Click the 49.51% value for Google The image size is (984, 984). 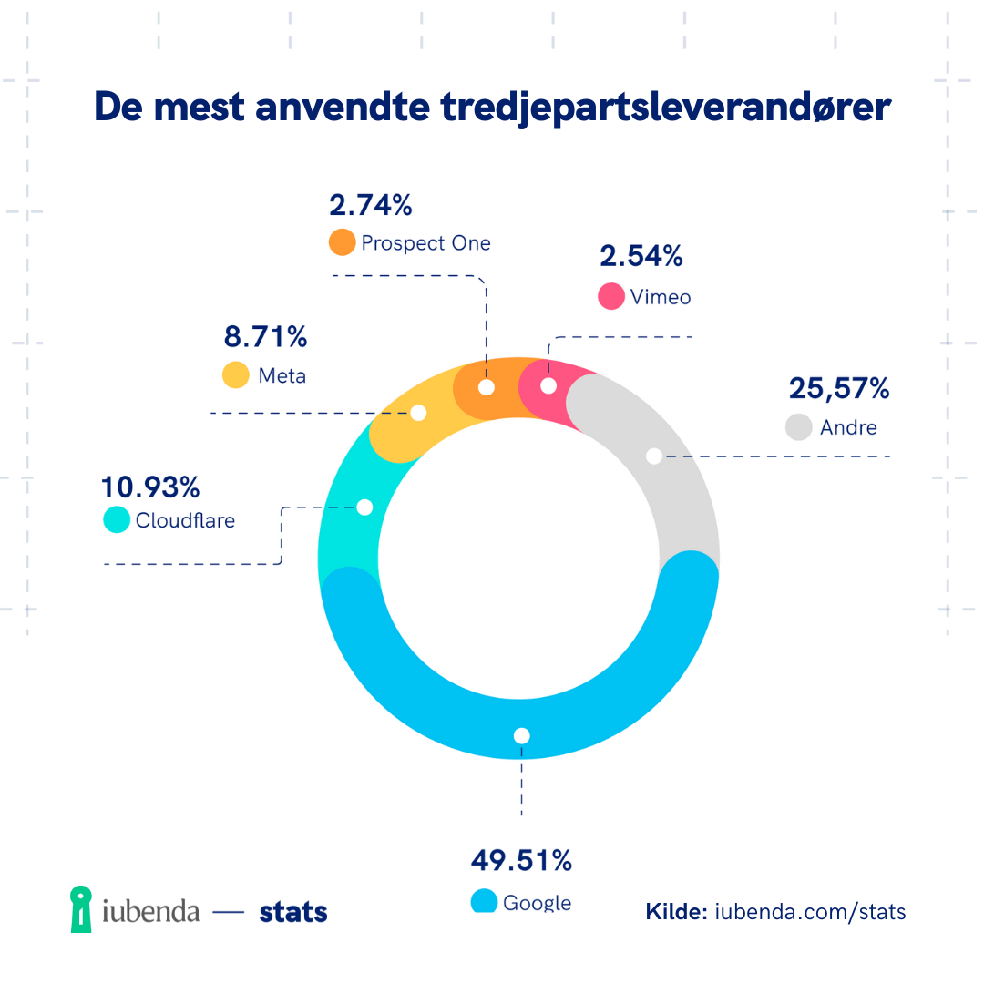click(x=521, y=859)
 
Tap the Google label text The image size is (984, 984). click(x=537, y=903)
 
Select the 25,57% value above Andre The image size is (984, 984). click(x=838, y=389)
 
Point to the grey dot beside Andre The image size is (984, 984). click(x=799, y=427)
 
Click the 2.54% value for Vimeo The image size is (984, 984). click(x=641, y=256)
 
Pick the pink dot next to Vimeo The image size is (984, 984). click(x=610, y=296)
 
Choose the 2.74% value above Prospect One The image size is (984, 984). click(x=371, y=205)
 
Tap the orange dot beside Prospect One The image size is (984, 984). click(x=343, y=242)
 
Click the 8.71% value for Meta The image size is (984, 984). click(x=265, y=337)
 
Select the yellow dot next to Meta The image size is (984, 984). click(x=236, y=375)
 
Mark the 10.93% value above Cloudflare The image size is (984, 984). click(x=150, y=487)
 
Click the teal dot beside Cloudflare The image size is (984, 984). click(x=117, y=519)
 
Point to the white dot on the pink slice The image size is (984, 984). click(x=548, y=385)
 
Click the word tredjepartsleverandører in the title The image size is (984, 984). click(x=665, y=108)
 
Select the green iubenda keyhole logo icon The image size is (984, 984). click(x=82, y=908)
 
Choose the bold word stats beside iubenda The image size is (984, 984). click(x=293, y=912)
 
